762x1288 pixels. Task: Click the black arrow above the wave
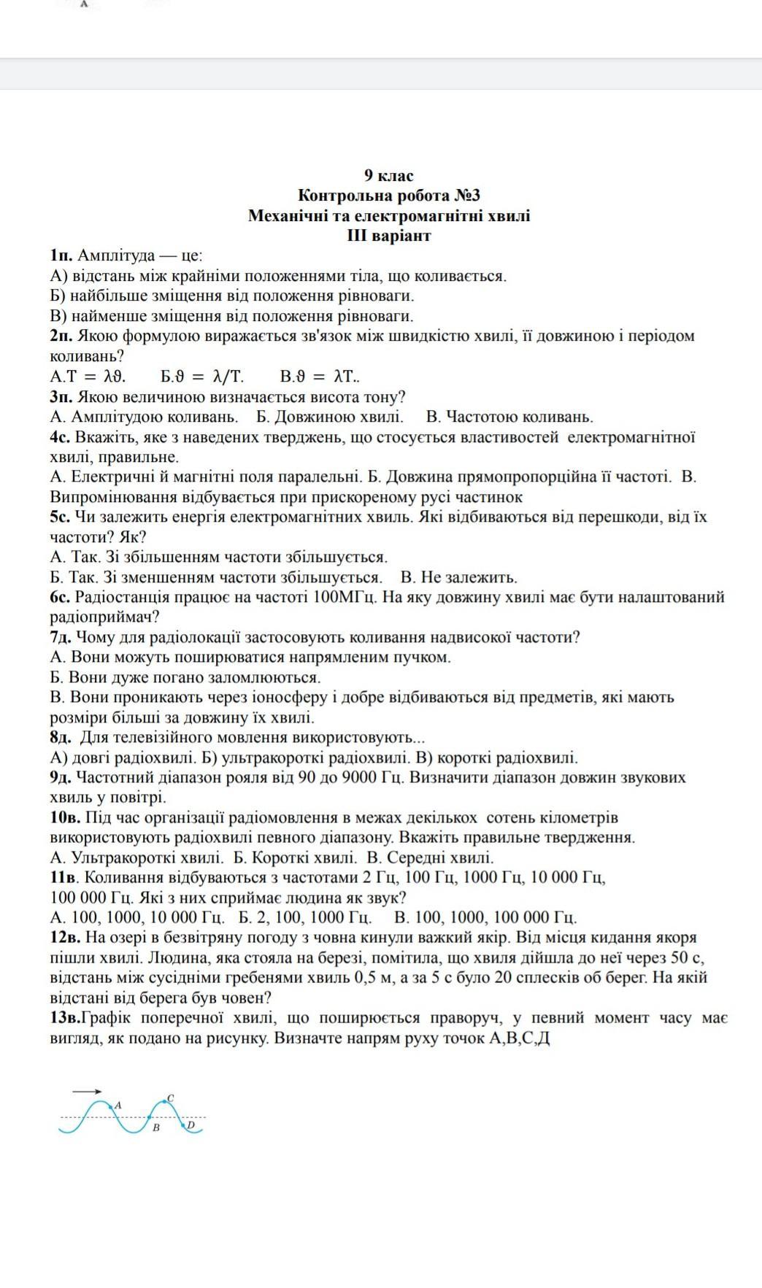click(x=87, y=1091)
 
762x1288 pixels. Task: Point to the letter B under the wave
click(x=155, y=1127)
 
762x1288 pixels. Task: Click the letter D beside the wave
click(x=191, y=1125)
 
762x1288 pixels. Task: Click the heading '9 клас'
click(x=389, y=176)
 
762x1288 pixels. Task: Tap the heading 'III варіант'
click(x=389, y=236)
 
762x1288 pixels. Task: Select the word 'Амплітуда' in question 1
click(x=116, y=256)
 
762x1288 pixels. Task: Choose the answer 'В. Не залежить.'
click(x=459, y=577)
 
